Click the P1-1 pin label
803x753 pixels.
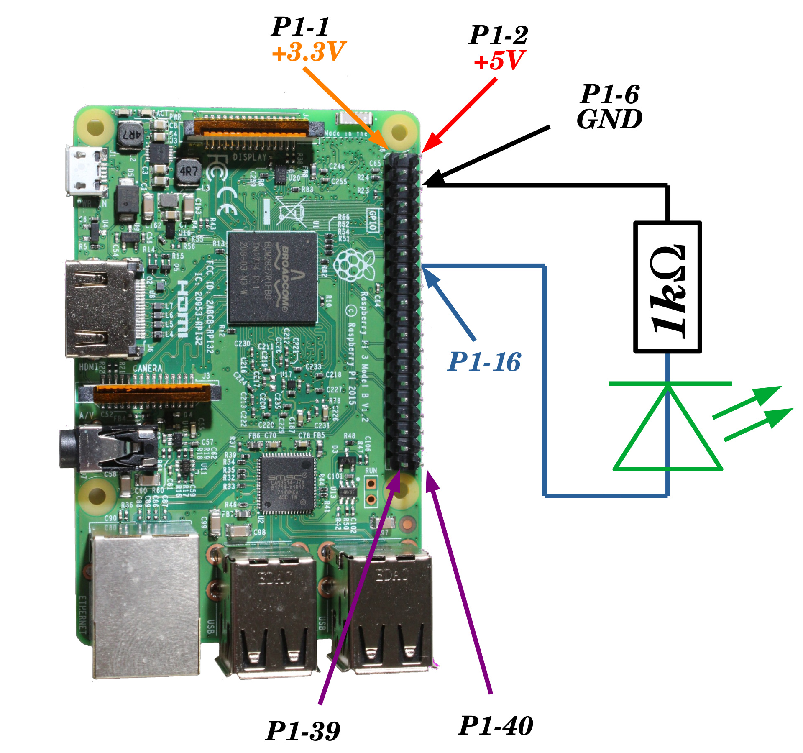tap(300, 27)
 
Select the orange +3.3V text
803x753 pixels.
tap(309, 52)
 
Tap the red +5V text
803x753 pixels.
tap(499, 61)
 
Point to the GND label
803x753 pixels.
tap(609, 120)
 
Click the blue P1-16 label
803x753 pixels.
tap(484, 362)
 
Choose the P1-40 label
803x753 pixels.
tap(496, 726)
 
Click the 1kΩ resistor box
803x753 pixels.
tap(667, 287)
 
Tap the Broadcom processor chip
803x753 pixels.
tap(272, 277)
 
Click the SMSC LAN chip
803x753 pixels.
tap(286, 484)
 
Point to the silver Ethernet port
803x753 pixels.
tap(144, 602)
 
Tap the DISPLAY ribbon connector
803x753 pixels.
tap(253, 128)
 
